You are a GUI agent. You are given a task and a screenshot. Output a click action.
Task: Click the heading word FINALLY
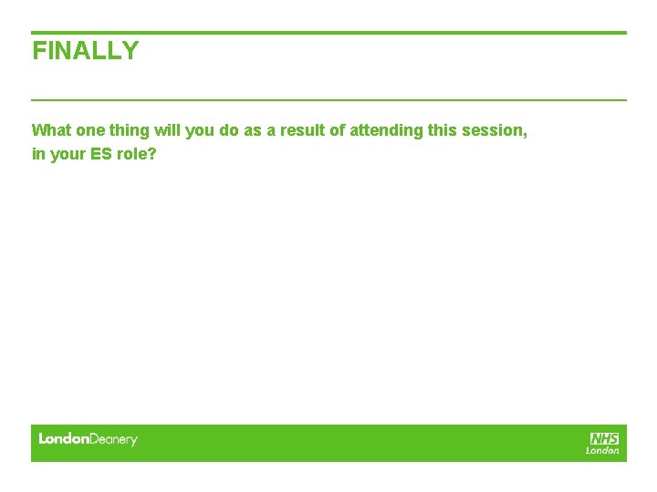[x=86, y=51]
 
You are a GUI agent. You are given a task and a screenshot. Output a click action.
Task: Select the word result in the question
[x=302, y=130]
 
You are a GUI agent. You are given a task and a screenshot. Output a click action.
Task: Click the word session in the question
[x=492, y=130]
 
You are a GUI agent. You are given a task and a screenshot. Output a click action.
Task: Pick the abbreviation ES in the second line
[x=100, y=154]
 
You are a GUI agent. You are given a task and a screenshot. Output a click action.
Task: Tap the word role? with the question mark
[x=137, y=154]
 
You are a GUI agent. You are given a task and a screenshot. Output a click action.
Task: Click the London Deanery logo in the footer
[x=88, y=439]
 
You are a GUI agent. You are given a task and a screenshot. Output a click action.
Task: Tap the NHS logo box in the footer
[x=604, y=438]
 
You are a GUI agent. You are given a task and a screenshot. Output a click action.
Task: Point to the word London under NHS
[x=602, y=450]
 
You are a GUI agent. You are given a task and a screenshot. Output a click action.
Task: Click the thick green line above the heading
[x=328, y=33]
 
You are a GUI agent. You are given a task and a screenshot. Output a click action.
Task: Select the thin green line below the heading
[x=328, y=99]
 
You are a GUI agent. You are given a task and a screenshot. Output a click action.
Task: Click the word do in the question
[x=229, y=130]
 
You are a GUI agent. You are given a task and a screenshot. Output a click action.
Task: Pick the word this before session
[x=442, y=130]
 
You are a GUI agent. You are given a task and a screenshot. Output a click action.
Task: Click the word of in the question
[x=337, y=130]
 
